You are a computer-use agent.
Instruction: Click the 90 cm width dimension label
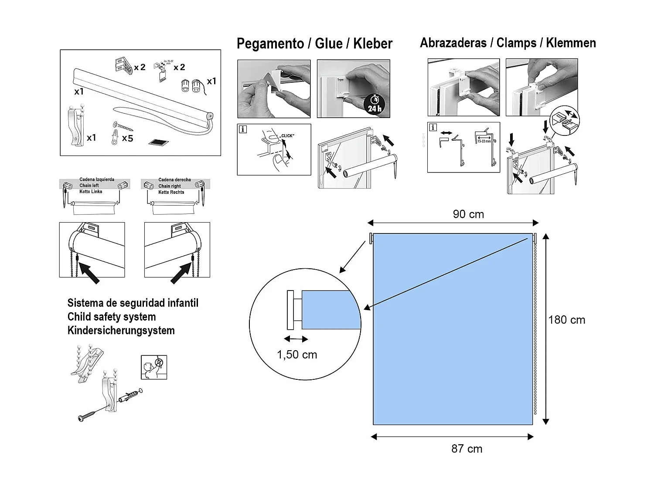(x=468, y=214)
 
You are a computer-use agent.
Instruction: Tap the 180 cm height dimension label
(x=566, y=320)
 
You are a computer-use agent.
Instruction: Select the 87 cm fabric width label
(x=467, y=449)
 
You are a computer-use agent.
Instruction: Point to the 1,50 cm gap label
(x=297, y=355)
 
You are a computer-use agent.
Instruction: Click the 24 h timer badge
(x=374, y=104)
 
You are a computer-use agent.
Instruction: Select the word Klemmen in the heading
(x=571, y=43)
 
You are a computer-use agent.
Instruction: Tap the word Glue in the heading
(x=328, y=44)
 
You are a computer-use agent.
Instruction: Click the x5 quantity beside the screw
(x=127, y=139)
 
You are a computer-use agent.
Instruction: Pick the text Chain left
(x=89, y=186)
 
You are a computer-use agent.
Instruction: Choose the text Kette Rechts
(x=171, y=192)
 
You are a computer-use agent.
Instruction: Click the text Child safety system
(x=112, y=317)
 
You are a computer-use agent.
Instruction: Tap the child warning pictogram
(x=154, y=367)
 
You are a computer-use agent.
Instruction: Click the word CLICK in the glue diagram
(x=287, y=136)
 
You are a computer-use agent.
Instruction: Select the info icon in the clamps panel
(x=433, y=128)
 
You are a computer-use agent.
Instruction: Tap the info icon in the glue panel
(x=243, y=129)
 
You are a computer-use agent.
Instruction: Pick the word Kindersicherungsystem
(x=121, y=331)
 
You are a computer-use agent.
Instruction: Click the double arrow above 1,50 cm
(x=296, y=339)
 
